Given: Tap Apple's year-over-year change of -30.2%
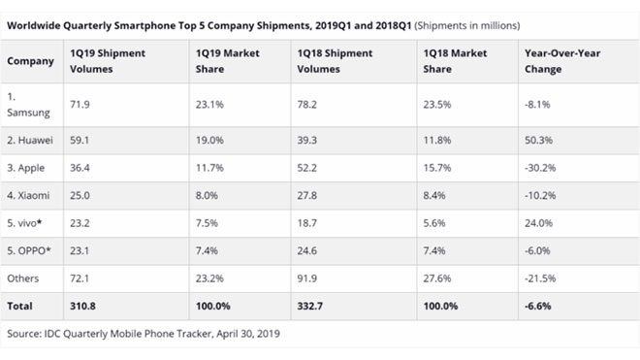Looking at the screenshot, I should click(x=540, y=167).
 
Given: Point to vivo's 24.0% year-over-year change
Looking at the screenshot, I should click(x=538, y=222).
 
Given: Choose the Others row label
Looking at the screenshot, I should click(x=24, y=278).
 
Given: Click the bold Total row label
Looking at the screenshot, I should click(x=21, y=306).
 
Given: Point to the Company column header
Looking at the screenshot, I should click(x=32, y=61).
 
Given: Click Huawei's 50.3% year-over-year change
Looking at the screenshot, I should click(x=537, y=140).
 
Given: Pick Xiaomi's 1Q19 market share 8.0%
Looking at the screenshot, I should click(x=208, y=195).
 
